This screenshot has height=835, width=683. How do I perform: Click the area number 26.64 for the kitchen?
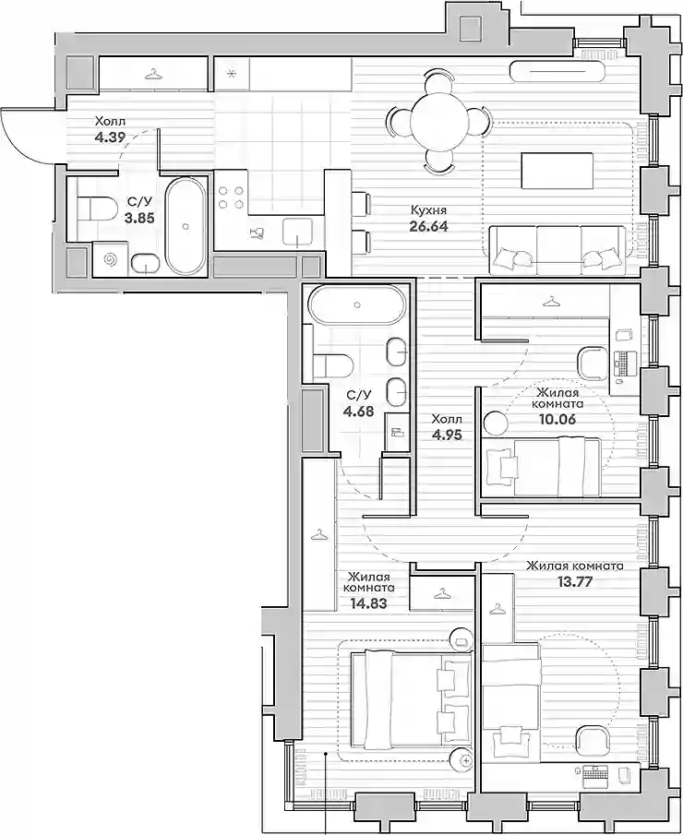(428, 226)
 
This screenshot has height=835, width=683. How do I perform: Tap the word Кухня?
(428, 210)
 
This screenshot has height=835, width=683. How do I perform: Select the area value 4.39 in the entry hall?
(110, 137)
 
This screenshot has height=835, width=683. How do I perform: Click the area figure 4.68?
(358, 412)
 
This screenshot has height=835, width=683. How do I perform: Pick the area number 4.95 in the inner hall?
(447, 435)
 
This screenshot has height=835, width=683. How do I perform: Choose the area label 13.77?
(574, 581)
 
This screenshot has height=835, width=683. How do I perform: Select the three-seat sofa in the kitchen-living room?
(557, 250)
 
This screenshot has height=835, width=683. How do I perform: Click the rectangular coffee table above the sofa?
(557, 171)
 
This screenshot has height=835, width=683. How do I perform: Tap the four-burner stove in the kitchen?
(232, 197)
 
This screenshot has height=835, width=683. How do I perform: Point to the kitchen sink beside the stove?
(298, 233)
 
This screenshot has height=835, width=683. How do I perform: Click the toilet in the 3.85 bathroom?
(97, 209)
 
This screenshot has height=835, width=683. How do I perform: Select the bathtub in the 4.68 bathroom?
(357, 305)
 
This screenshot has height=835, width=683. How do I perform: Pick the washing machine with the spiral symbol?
(110, 259)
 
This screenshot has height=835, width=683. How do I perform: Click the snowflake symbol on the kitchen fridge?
(232, 74)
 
